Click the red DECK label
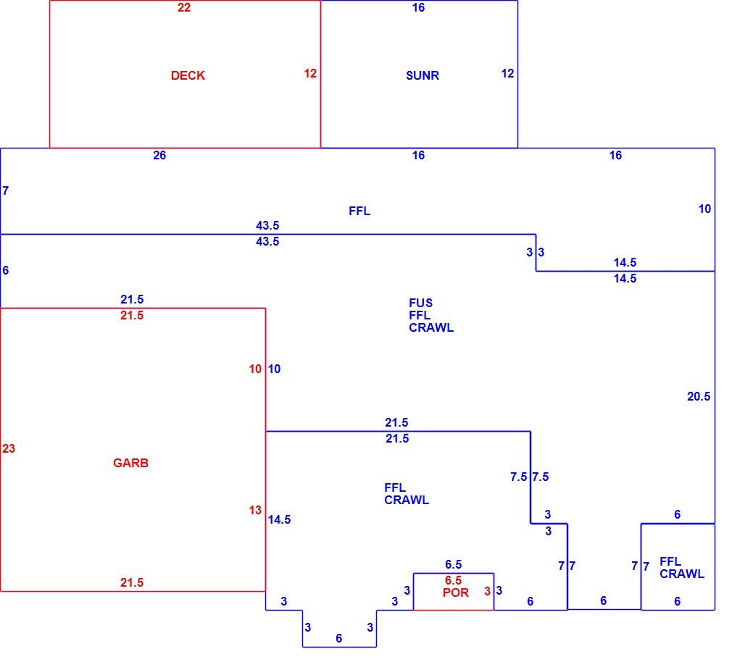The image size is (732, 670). (188, 75)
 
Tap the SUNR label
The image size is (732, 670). (423, 75)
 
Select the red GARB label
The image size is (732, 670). (130, 463)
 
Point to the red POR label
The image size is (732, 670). (456, 592)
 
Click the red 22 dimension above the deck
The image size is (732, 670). (184, 7)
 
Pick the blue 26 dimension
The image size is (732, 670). (159, 156)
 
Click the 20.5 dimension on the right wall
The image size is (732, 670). (699, 397)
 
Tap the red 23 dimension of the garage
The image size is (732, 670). (9, 449)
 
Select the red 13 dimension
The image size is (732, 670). (255, 510)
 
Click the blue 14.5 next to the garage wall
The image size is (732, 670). (279, 519)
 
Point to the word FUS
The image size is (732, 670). (420, 303)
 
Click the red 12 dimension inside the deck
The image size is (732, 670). (310, 73)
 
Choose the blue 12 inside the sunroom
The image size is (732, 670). (508, 73)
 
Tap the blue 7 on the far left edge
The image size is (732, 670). (6, 190)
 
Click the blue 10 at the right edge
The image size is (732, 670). (705, 209)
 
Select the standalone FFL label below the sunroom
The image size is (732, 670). (359, 211)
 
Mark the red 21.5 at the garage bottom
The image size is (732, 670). (132, 582)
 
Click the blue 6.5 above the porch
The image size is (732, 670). (453, 564)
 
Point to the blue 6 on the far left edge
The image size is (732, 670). (6, 270)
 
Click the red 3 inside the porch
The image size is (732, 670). (487, 591)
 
